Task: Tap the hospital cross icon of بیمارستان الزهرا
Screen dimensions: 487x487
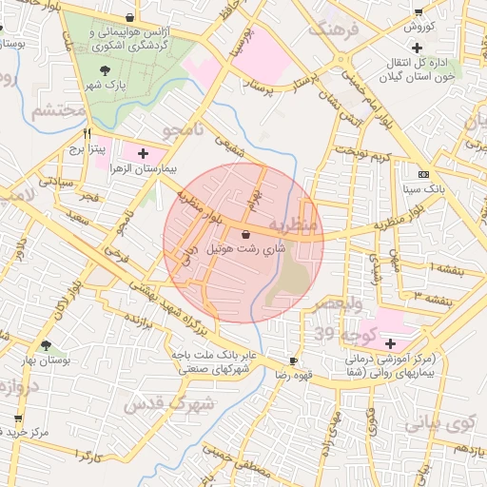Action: coord(143,152)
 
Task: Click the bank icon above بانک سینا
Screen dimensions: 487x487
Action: coord(423,174)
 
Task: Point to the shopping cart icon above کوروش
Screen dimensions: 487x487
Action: coord(419,11)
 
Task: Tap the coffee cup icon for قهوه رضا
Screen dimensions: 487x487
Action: coord(293,360)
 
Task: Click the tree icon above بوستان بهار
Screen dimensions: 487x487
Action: coord(47,345)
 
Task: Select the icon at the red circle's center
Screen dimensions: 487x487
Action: coord(246,233)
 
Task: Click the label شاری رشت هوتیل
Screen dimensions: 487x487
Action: coord(246,253)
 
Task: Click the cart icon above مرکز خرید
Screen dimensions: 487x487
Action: coord(18,418)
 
